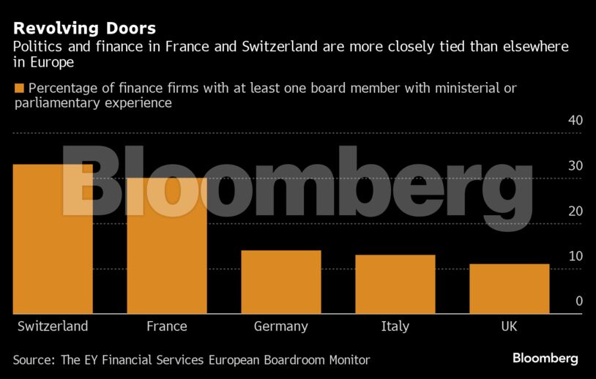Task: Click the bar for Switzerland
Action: click(53, 239)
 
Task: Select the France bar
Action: click(167, 246)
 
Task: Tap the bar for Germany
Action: click(281, 282)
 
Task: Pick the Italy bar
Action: click(395, 285)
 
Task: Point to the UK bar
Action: click(510, 289)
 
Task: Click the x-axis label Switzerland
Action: click(53, 326)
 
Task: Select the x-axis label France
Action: click(167, 326)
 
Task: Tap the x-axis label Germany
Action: click(281, 326)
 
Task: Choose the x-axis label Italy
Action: click(395, 326)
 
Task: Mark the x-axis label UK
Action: click(509, 326)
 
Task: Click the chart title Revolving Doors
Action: click(85, 29)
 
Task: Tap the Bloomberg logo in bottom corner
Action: click(545, 359)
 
